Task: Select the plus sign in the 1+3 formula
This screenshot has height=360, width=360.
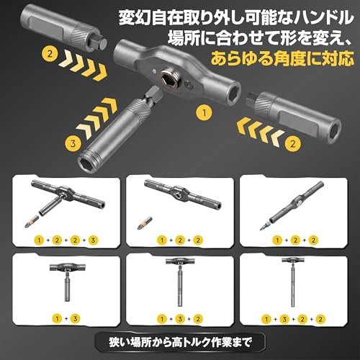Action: point(67,316)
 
